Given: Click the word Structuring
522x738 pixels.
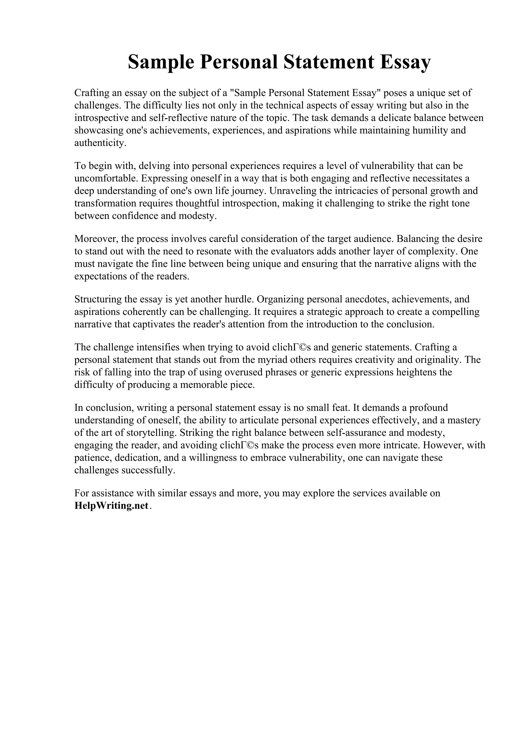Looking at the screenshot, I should (x=99, y=299).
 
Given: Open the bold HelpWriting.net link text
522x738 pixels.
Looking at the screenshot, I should (x=112, y=505).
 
